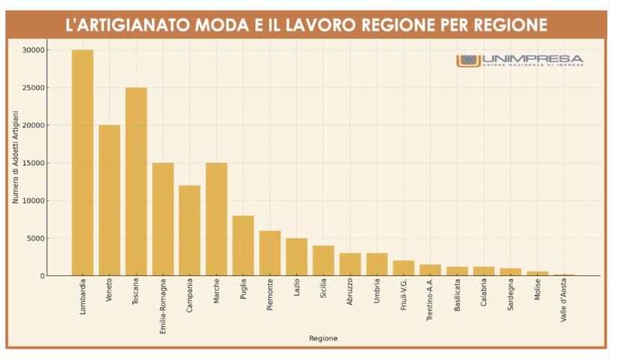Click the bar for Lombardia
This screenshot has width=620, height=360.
pyautogui.click(x=82, y=162)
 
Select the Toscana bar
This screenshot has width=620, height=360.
pyautogui.click(x=136, y=182)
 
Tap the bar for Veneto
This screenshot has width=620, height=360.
pyautogui.click(x=109, y=201)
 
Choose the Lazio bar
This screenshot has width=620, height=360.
pyautogui.click(x=296, y=257)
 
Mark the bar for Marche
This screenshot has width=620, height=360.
pyautogui.click(x=216, y=219)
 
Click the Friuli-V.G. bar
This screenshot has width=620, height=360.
pyautogui.click(x=404, y=268)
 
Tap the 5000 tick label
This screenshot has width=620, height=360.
pyautogui.click(x=37, y=239)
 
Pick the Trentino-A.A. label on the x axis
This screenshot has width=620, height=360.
pyautogui.click(x=430, y=302)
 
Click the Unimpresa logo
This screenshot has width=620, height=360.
pyautogui.click(x=520, y=61)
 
